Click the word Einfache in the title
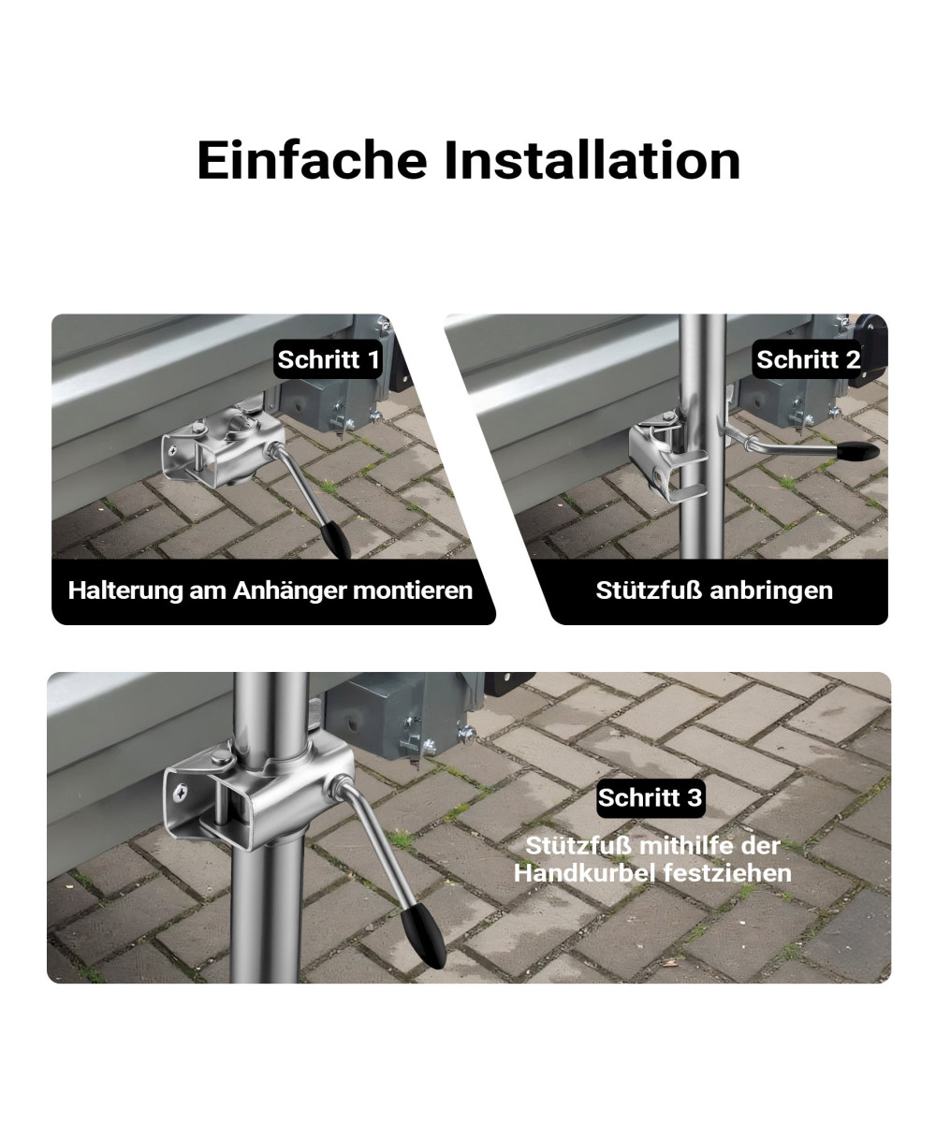pos(312,160)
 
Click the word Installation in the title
pos(592,160)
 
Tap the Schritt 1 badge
pos(329,359)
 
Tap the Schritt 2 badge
pos(808,359)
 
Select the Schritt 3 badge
pos(651,797)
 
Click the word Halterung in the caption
pos(124,590)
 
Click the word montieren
pos(413,591)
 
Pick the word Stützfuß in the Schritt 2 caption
pos(650,590)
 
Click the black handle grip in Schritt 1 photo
pos(335,540)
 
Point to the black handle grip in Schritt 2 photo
pos(856,451)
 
